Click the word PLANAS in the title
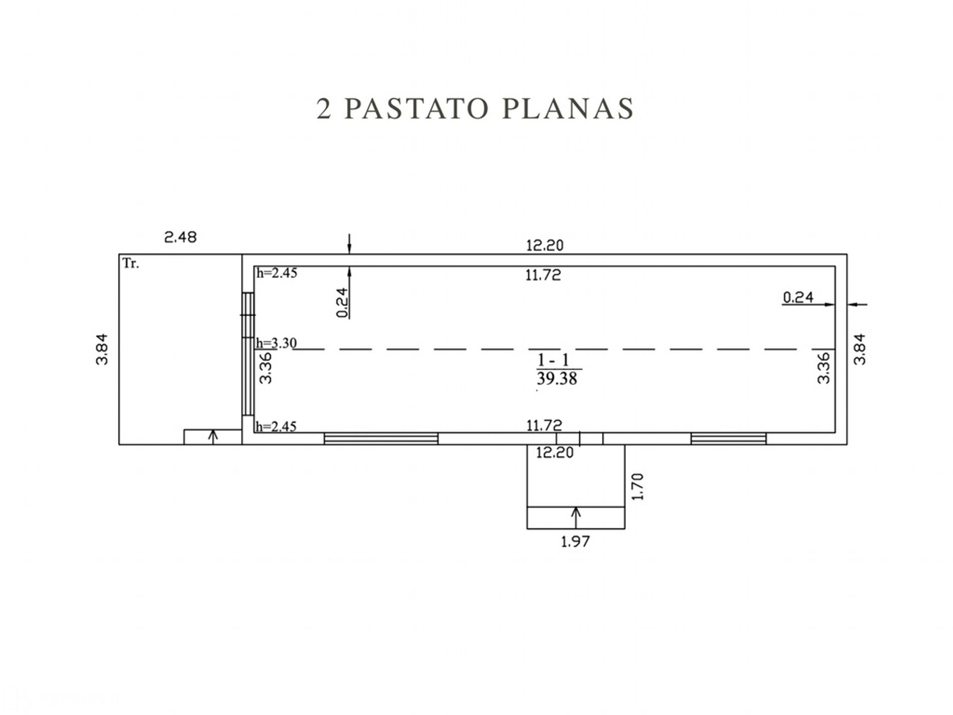click(x=568, y=108)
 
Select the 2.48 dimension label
click(x=181, y=237)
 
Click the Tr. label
click(x=131, y=263)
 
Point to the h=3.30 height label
click(x=276, y=343)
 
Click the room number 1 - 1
click(x=553, y=360)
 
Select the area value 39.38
click(x=557, y=378)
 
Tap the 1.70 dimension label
click(x=638, y=487)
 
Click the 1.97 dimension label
click(x=575, y=541)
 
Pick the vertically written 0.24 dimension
click(x=343, y=302)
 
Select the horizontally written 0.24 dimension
click(x=798, y=298)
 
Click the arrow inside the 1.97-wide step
click(x=576, y=518)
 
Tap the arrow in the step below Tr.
click(x=213, y=437)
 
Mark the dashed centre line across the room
click(x=564, y=349)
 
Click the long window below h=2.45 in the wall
click(x=381, y=439)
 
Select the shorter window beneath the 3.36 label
click(x=728, y=439)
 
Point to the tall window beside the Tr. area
click(x=248, y=354)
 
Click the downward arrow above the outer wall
click(x=350, y=244)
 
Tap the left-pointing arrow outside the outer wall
click(x=857, y=304)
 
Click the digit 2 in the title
click(x=324, y=109)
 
